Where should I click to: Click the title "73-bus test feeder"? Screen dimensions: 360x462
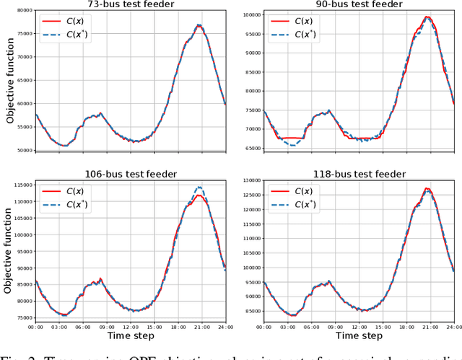click(x=131, y=4)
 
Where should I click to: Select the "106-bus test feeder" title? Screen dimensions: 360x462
click(x=131, y=174)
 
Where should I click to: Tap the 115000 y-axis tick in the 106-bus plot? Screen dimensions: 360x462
click(x=22, y=185)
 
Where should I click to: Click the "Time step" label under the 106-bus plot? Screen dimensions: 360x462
click(x=131, y=336)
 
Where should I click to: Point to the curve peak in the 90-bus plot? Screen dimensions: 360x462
click(x=428, y=17)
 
